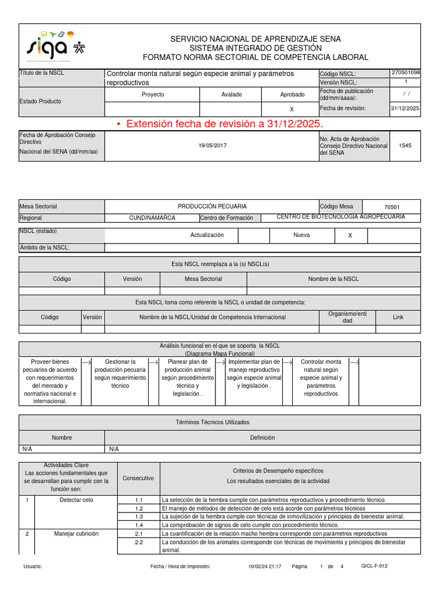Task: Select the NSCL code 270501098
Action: [x=406, y=73]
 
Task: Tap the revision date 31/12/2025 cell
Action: [x=406, y=108]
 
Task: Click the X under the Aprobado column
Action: [x=292, y=109]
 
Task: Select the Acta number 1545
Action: [x=405, y=145]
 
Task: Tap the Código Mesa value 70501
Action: [x=392, y=207]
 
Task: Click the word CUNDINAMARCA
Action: [x=152, y=218]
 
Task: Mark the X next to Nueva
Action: [x=350, y=235]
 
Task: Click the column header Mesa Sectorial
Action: [x=203, y=279]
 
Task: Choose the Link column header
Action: [x=398, y=317]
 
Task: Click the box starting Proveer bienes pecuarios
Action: [x=49, y=381]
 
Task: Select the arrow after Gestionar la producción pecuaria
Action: [x=153, y=362]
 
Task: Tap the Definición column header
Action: [x=262, y=438]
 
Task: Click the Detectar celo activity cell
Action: [x=76, y=500]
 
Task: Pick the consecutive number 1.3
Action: [x=139, y=517]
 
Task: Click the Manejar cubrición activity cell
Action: [x=76, y=533]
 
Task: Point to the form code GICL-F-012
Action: [x=374, y=566]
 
